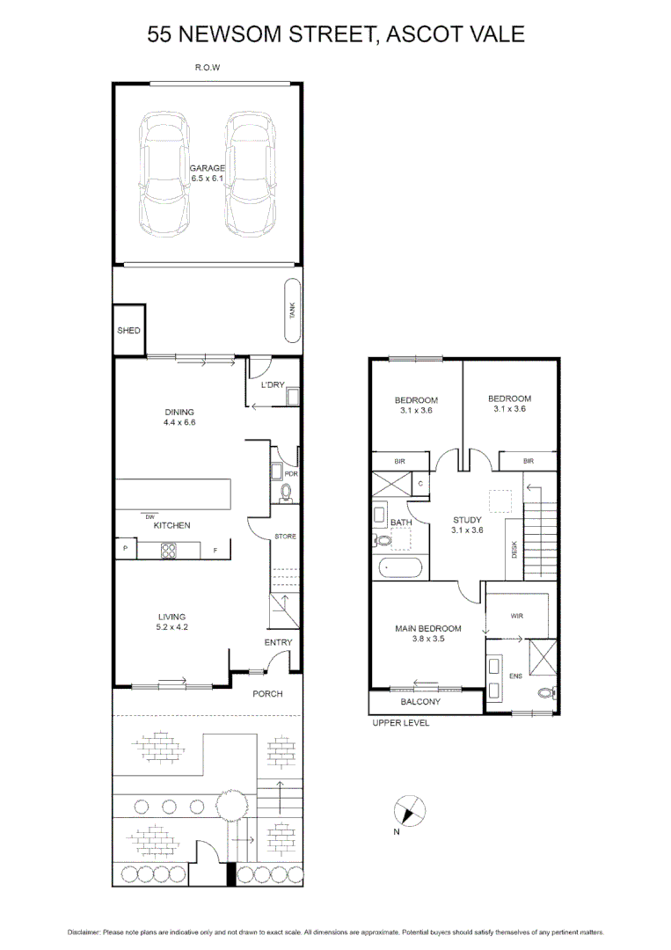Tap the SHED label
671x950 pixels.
pyautogui.click(x=128, y=331)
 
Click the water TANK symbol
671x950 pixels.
pyautogui.click(x=292, y=311)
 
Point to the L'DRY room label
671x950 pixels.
pyautogui.click(x=271, y=385)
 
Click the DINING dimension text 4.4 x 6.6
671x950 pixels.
pyautogui.click(x=179, y=423)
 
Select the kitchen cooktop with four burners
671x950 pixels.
pyautogui.click(x=170, y=551)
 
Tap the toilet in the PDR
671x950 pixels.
pyautogui.click(x=285, y=493)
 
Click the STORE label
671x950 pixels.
pyautogui.click(x=285, y=537)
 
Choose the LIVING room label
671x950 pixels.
pyautogui.click(x=171, y=617)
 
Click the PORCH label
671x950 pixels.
pyautogui.click(x=267, y=694)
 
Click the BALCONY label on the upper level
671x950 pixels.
pyautogui.click(x=420, y=702)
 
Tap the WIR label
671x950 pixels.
pyautogui.click(x=516, y=617)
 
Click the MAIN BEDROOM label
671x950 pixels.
pyautogui.click(x=428, y=628)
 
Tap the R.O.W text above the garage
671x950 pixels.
pyautogui.click(x=208, y=68)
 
